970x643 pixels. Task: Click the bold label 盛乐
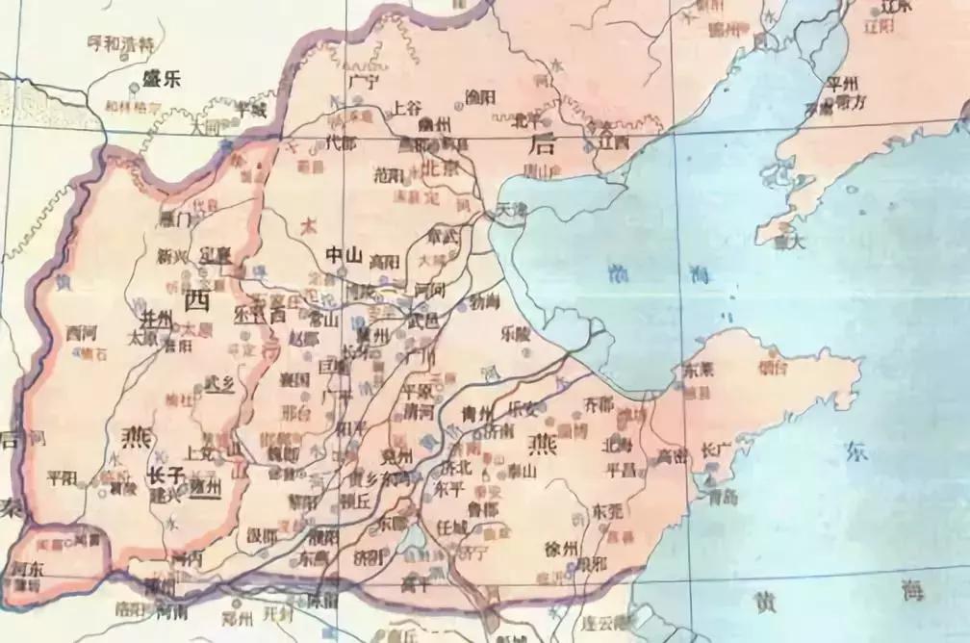(161, 81)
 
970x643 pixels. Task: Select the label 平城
(252, 110)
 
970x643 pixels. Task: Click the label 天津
(509, 209)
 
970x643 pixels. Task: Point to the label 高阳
(384, 260)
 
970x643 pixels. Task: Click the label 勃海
(484, 302)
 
